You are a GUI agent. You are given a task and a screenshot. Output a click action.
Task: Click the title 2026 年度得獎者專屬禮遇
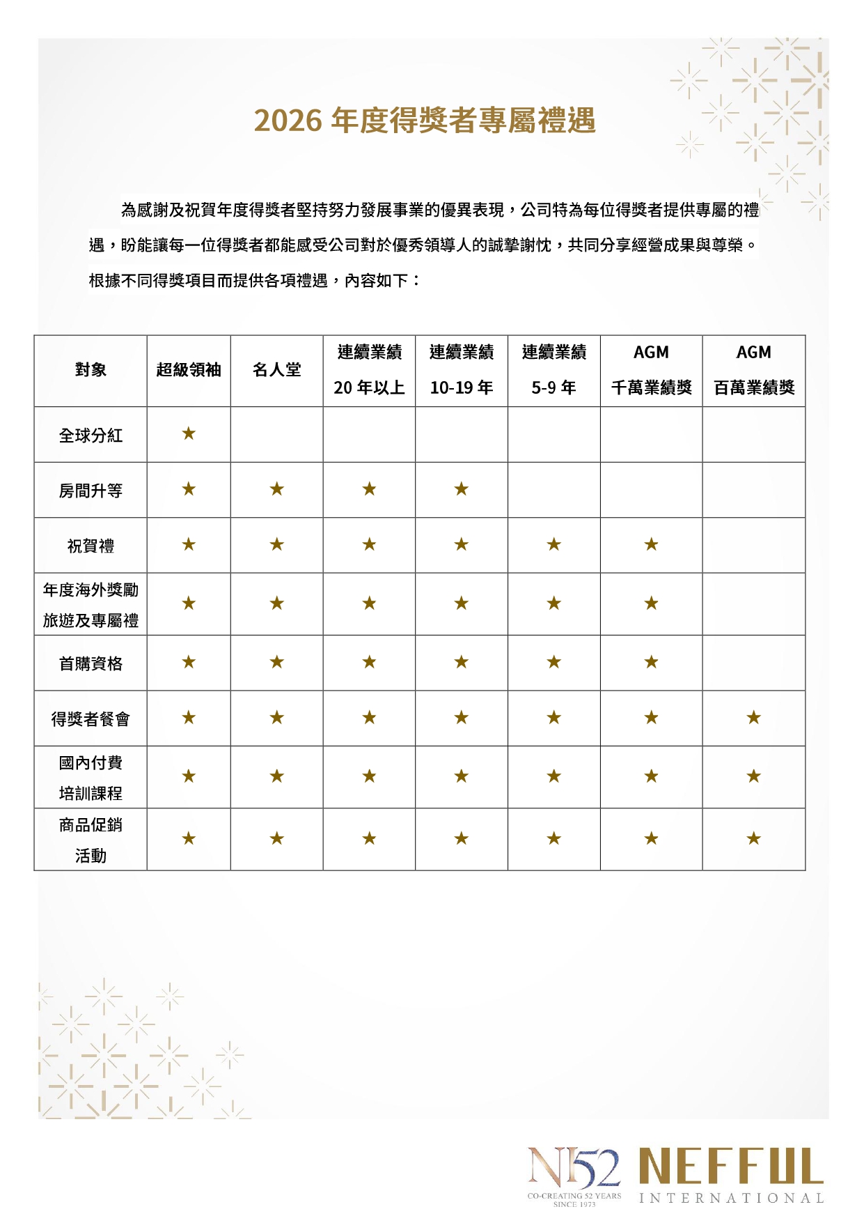(x=425, y=121)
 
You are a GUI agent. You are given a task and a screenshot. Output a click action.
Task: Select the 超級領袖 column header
(x=189, y=370)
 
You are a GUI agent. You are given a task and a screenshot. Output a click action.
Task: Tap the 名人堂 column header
(x=277, y=370)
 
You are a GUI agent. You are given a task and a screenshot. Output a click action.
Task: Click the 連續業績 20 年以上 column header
(x=369, y=370)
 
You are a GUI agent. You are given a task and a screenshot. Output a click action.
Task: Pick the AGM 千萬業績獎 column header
(x=651, y=370)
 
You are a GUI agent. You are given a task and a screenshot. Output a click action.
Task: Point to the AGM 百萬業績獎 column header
(x=754, y=370)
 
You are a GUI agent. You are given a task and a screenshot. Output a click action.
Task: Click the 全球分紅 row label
(x=91, y=436)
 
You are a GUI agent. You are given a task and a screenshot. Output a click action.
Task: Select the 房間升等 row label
(x=91, y=491)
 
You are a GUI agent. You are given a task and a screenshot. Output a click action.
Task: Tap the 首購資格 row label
(x=91, y=663)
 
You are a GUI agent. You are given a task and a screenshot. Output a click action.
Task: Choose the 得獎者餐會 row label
(x=91, y=719)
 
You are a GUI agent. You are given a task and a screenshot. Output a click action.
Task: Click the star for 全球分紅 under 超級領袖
(x=189, y=433)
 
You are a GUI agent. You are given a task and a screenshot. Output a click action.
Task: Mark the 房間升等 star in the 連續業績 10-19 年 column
(x=462, y=489)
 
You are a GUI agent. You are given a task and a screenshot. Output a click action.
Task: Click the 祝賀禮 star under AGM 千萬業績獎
(x=651, y=544)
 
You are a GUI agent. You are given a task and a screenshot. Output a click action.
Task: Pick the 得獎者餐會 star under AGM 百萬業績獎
(x=754, y=717)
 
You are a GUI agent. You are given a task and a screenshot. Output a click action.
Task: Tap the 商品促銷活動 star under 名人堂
(x=277, y=838)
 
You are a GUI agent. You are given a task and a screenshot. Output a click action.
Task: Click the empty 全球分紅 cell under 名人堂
(x=277, y=435)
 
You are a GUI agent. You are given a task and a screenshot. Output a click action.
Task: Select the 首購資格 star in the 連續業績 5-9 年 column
(x=554, y=662)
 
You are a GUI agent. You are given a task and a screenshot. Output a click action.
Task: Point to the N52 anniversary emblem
(x=574, y=1169)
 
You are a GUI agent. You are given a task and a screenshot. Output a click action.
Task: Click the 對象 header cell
(x=91, y=370)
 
